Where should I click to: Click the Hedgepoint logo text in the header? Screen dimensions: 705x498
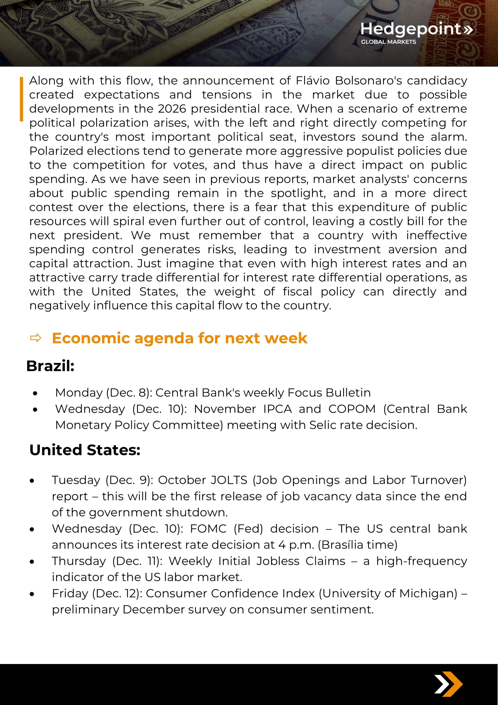[411, 29]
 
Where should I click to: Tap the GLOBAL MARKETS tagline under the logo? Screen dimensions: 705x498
[388, 42]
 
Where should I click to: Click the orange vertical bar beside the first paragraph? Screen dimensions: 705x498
[22, 99]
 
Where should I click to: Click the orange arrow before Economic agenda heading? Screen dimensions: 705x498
[36, 338]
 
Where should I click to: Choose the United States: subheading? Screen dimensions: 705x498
[85, 450]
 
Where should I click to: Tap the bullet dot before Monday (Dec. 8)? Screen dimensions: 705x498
[35, 393]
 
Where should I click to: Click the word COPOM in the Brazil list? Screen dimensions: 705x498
[352, 409]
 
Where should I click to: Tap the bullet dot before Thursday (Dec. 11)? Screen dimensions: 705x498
[32, 562]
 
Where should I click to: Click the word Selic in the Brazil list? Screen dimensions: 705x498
[321, 425]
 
